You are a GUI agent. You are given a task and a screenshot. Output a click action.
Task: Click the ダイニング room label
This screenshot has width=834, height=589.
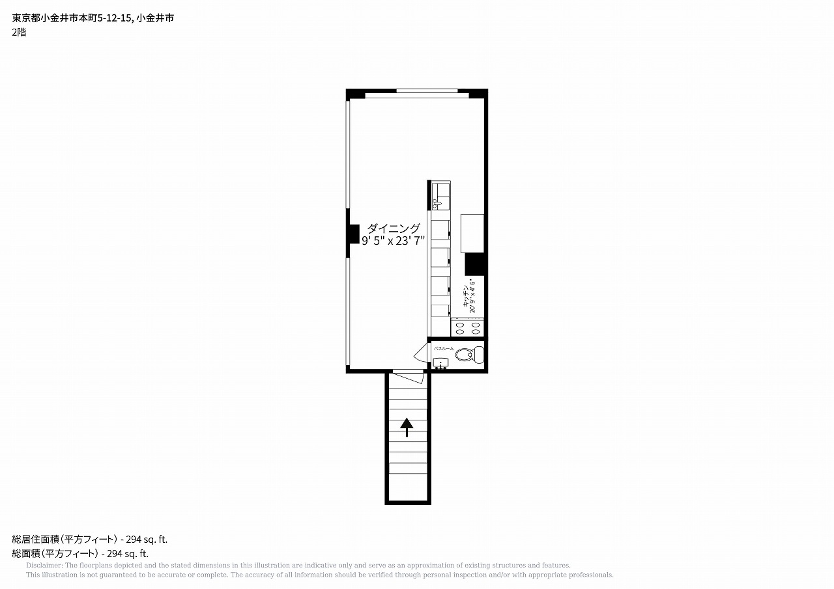coord(394,228)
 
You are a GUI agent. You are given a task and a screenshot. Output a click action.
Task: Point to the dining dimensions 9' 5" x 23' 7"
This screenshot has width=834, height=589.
coord(393,241)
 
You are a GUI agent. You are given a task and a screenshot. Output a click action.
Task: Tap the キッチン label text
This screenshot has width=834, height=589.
coord(465,296)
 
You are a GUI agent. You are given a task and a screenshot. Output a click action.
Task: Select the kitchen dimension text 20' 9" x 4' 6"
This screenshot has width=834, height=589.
coord(472,296)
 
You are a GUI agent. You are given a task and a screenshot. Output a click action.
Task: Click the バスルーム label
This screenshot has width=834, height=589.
coord(444,348)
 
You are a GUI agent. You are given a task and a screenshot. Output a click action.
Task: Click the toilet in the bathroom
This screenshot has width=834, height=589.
coord(470,355)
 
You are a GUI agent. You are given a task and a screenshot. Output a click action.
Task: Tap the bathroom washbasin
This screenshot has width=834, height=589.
coord(441,363)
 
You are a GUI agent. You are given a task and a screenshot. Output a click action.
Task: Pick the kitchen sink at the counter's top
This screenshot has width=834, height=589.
coord(441,196)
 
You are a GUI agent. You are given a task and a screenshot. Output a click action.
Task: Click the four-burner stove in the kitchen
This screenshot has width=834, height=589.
coord(468,327)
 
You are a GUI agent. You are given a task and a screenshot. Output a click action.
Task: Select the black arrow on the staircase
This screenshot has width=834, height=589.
coord(407,427)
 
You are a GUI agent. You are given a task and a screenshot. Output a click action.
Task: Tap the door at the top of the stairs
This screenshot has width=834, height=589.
coord(409,377)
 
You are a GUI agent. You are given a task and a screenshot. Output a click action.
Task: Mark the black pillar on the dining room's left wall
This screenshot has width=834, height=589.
coord(353,234)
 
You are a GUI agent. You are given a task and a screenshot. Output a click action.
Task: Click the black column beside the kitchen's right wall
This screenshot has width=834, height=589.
coord(475,264)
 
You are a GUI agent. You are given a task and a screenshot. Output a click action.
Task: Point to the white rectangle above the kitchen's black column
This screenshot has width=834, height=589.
coord(472,234)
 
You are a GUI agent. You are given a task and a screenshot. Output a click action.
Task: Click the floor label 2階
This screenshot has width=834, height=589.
coord(19,33)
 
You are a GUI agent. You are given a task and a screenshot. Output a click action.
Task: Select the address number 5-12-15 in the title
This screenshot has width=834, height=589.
coord(114,18)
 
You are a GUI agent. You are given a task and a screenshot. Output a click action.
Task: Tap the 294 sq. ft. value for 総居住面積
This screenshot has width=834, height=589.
coord(147,539)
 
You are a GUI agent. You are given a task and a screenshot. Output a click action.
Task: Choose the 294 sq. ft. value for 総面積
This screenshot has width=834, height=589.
coord(128,554)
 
